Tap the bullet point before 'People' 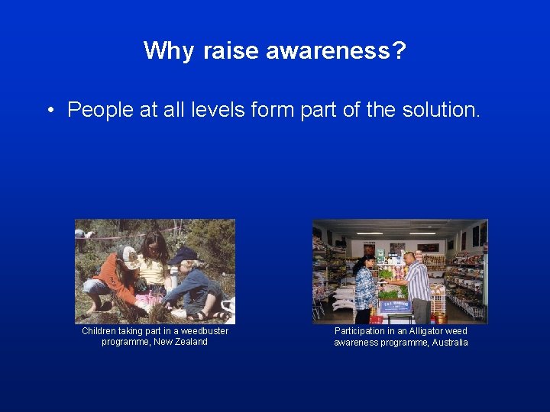click(48, 111)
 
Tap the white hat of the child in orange click(131, 256)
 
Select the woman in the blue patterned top click(364, 286)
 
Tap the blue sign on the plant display click(396, 306)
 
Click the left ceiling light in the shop click(370, 233)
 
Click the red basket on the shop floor click(375, 318)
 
